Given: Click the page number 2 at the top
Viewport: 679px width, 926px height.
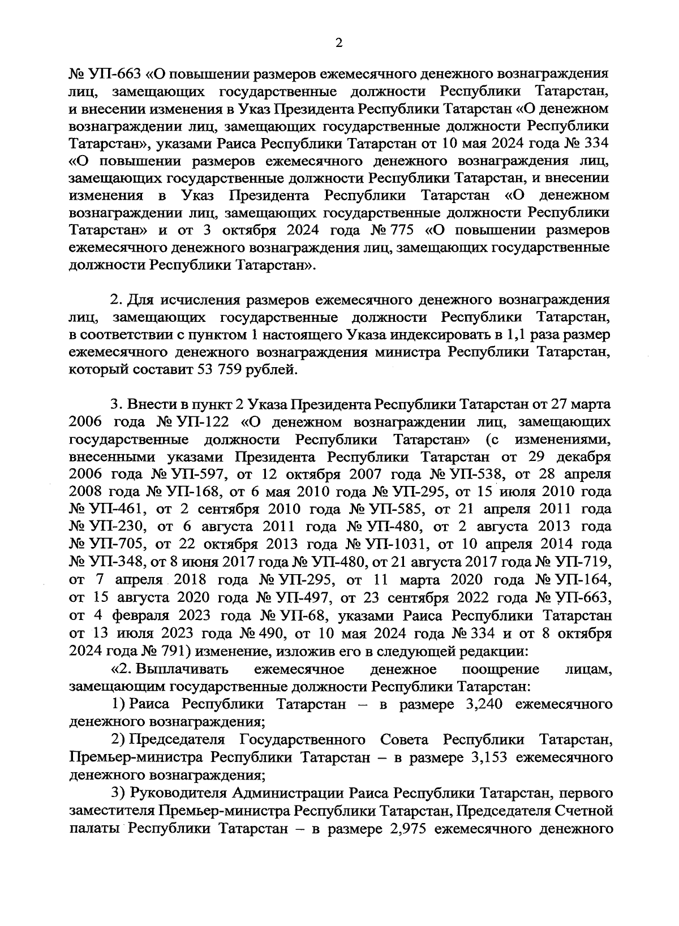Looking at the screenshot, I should [339, 44].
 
